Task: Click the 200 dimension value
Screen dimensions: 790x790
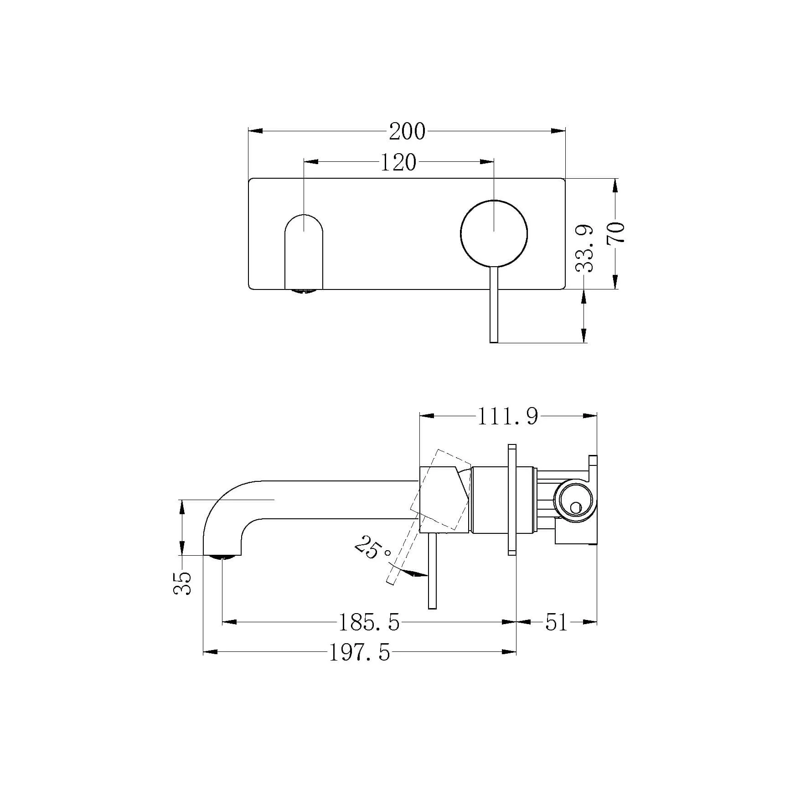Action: pos(407,131)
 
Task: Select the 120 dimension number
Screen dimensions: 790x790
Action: pos(398,163)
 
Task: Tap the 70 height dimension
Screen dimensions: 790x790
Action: pos(615,233)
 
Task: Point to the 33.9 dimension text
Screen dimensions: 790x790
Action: pos(584,248)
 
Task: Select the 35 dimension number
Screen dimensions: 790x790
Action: pos(182,583)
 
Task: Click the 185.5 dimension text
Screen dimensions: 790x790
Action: pos(369,622)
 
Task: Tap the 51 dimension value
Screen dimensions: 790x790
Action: pos(556,622)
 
